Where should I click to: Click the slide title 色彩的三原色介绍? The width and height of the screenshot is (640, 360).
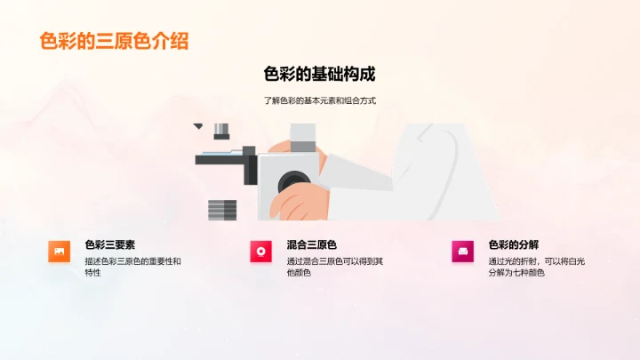[x=114, y=41]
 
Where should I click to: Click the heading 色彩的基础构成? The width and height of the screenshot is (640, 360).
[x=320, y=75]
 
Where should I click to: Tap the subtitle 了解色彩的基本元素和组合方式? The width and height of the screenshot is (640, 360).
[x=320, y=101]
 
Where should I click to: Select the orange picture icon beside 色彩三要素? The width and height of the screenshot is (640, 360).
[x=59, y=252]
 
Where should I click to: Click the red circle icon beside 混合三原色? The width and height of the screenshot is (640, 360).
[x=260, y=252]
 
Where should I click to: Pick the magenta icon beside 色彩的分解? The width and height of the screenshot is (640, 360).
[x=462, y=252]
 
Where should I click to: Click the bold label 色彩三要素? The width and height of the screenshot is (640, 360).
[x=110, y=244]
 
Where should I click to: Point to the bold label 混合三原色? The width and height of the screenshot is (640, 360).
[x=312, y=244]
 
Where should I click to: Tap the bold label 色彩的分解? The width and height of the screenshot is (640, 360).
[x=514, y=244]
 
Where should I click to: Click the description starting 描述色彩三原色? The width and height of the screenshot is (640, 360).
[x=132, y=266]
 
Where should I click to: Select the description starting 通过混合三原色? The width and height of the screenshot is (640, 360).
[x=335, y=266]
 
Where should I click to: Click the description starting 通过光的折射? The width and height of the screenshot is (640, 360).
[x=536, y=266]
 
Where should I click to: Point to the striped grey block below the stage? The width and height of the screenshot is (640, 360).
[x=222, y=210]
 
